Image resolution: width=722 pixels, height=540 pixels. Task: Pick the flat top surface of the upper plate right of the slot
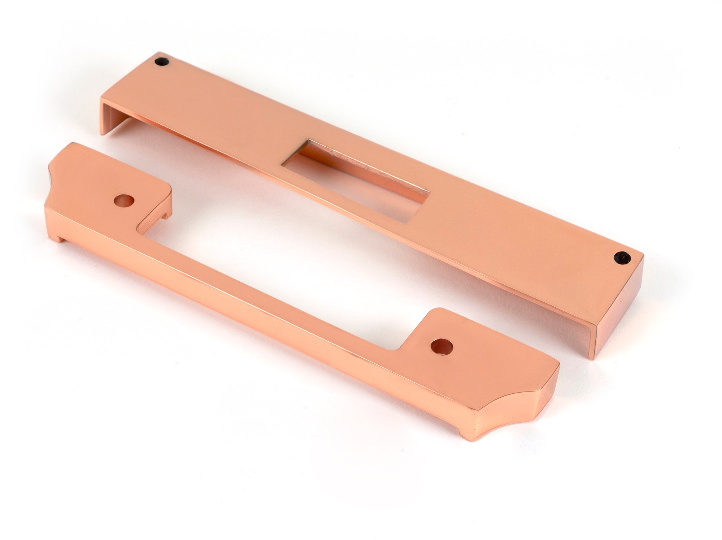[x=505, y=224]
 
